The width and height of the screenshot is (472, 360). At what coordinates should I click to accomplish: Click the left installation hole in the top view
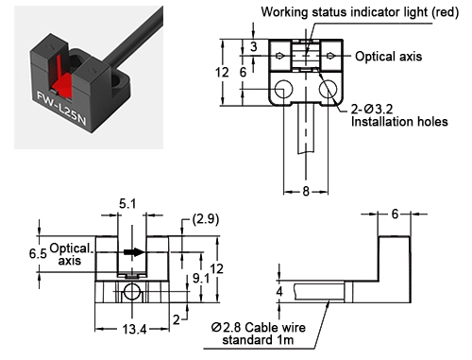coord(283,90)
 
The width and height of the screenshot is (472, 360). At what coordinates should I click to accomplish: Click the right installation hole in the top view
coord(329,90)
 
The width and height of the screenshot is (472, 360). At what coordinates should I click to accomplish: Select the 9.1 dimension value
coord(199,279)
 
